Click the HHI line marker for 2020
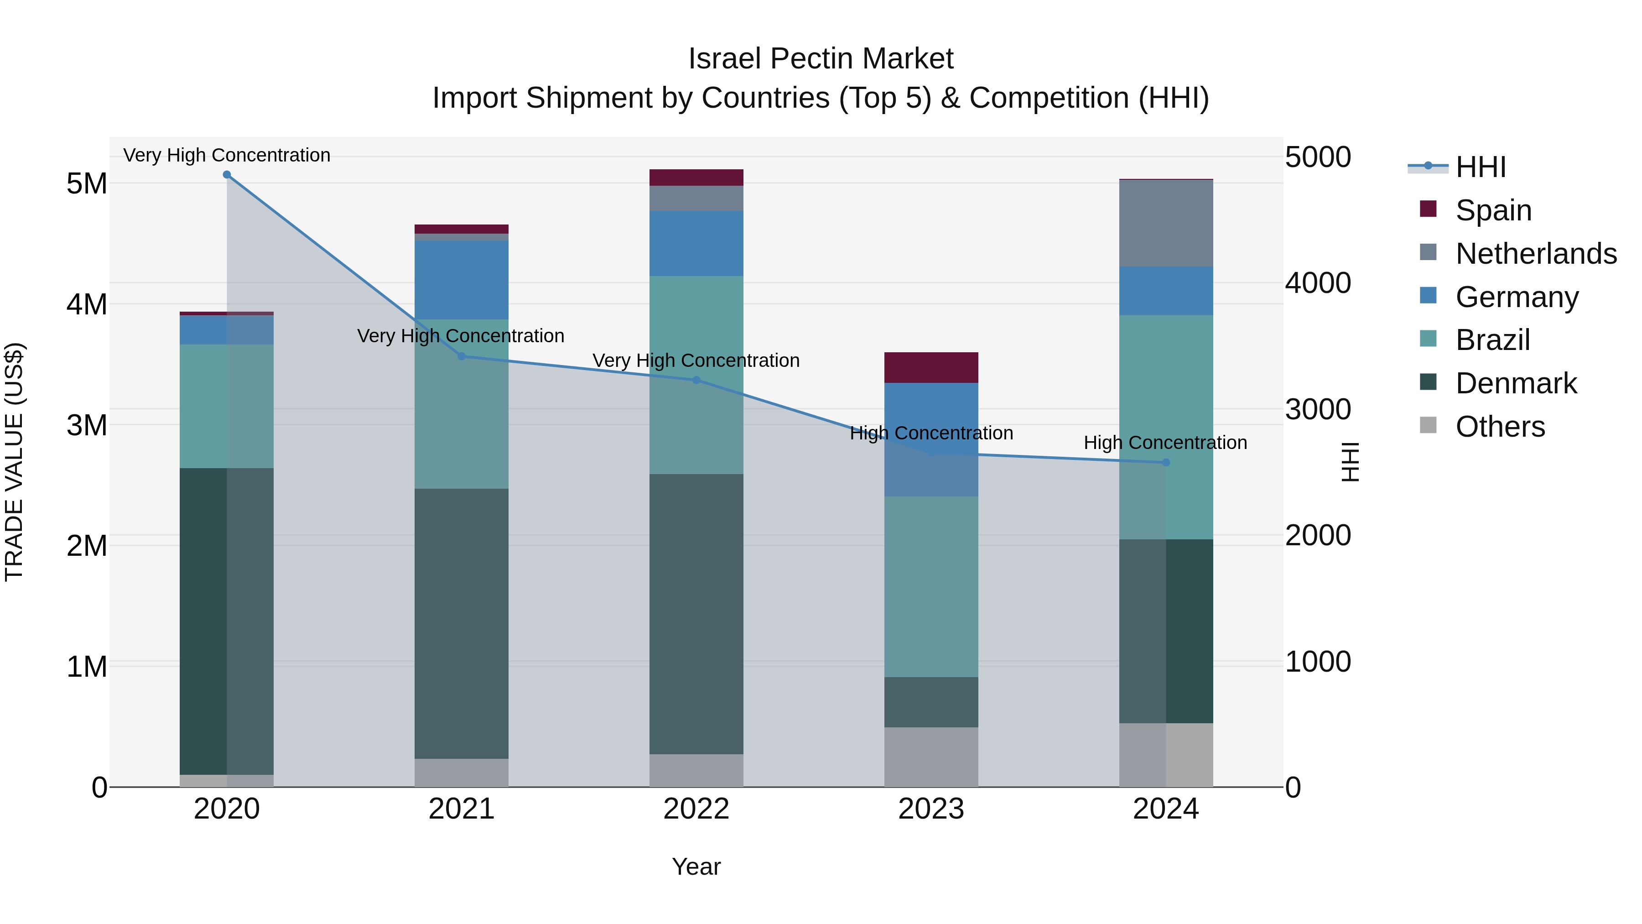[227, 175]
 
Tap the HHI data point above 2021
[462, 356]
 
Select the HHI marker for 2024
[1166, 462]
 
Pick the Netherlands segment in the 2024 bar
[1166, 223]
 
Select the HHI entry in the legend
[1480, 167]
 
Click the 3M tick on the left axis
[87, 425]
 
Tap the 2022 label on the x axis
[696, 809]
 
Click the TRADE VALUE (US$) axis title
[14, 462]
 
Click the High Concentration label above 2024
[1165, 443]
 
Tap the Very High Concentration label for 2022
[696, 360]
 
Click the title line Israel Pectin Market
[821, 59]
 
